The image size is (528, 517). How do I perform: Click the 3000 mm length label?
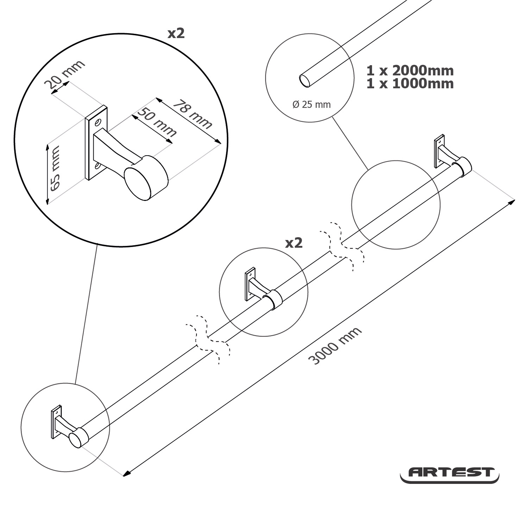(335, 346)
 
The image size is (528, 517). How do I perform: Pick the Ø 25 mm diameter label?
(312, 105)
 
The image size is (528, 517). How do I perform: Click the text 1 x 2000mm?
(410, 71)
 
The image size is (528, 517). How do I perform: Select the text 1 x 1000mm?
(410, 84)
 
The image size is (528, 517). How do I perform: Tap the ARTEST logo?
(450, 473)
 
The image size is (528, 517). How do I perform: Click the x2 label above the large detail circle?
(176, 33)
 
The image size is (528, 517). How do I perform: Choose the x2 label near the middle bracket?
(294, 243)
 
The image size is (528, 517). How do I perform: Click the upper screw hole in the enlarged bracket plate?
(98, 123)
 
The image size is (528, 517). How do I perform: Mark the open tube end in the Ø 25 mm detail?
(305, 81)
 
